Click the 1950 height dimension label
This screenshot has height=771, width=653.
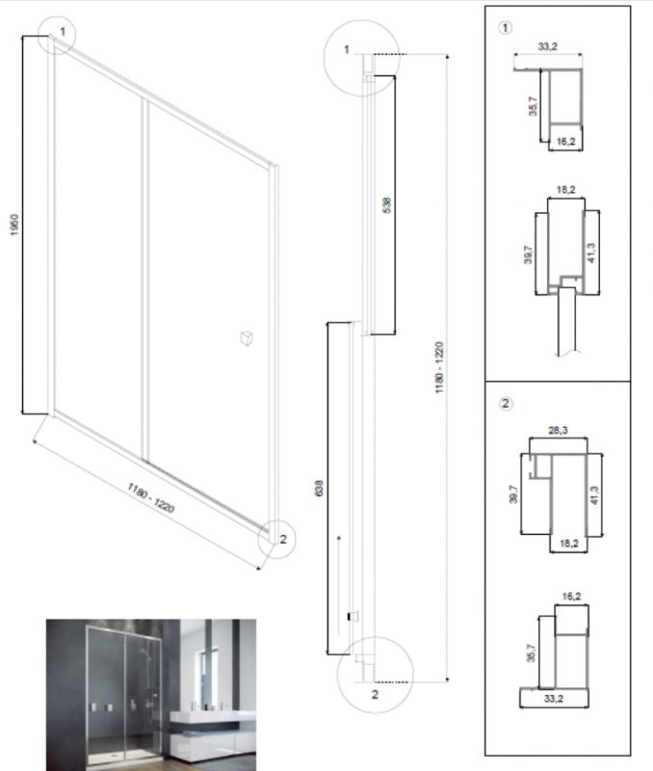point(14,225)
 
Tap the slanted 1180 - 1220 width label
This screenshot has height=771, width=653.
point(151,497)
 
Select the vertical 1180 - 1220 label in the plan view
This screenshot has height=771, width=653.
point(439,367)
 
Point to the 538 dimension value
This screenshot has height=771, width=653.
point(386,205)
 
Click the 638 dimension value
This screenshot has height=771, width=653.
point(319,489)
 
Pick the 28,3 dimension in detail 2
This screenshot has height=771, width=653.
point(558,430)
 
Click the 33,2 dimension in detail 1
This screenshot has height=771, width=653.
point(548,46)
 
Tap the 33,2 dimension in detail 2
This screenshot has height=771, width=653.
point(553,698)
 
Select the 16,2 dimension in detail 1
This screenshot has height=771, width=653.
point(565,142)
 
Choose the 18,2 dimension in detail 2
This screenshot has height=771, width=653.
point(568,544)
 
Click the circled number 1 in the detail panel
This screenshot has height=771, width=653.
point(505,28)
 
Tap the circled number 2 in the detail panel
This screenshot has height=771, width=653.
point(506,404)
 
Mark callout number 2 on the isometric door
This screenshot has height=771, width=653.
point(283,539)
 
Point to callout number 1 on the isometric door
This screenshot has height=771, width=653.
point(63,32)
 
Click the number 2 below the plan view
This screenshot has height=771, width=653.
point(375,694)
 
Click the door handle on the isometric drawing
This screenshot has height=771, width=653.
point(247,338)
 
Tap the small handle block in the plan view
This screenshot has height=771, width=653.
point(353,616)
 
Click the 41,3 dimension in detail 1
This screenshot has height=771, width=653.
point(591,253)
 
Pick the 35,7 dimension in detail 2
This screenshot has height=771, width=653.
point(531,653)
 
